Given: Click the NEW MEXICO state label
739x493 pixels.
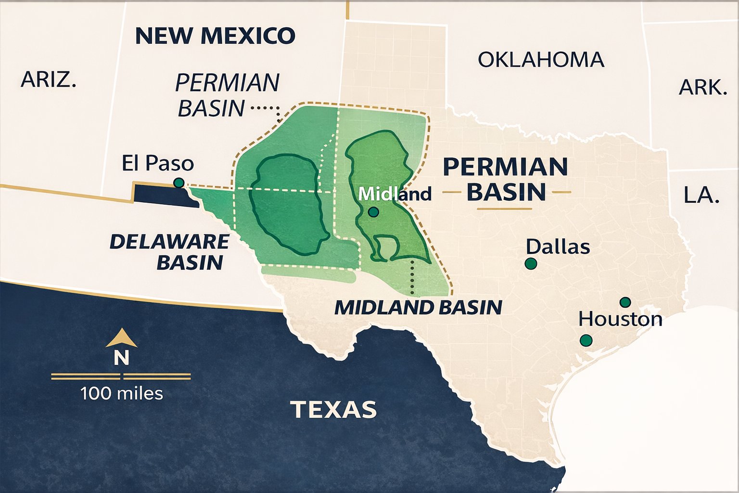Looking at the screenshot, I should [x=215, y=36].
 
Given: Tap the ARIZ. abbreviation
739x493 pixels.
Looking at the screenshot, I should [x=48, y=79].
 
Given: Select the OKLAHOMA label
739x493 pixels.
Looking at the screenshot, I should [x=541, y=60].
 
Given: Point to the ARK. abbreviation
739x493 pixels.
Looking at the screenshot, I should [x=702, y=88].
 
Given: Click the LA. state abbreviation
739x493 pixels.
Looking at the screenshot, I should [x=701, y=195].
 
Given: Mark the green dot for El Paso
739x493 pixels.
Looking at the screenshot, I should [x=178, y=182].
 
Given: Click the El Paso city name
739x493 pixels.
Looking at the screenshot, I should [x=157, y=163].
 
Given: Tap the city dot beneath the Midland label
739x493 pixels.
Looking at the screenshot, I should [x=373, y=212].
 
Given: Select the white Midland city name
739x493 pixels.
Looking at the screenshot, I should [x=395, y=194].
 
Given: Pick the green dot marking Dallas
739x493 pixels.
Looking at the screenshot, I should [x=531, y=263].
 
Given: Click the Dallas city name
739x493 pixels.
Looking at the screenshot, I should [x=558, y=246].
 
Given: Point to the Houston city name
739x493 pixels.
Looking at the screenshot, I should [x=620, y=319].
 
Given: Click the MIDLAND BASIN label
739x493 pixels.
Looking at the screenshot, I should [x=418, y=307].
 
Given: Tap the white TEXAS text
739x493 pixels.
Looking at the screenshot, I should [x=333, y=409].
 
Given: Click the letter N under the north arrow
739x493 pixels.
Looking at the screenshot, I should [x=121, y=358].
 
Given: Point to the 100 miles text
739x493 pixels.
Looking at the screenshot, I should [x=122, y=393].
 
